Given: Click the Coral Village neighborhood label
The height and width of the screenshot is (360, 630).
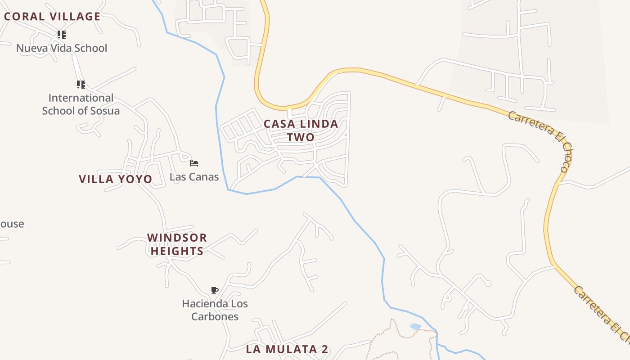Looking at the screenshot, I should (52, 17).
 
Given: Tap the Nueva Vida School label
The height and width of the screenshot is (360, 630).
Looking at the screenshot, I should (62, 48).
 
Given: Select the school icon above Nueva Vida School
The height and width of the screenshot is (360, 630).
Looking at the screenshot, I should (62, 35).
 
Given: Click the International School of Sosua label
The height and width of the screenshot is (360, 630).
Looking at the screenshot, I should (81, 104).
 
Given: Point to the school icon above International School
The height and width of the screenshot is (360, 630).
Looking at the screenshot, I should (81, 84).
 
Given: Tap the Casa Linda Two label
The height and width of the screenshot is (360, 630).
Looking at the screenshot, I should (301, 130).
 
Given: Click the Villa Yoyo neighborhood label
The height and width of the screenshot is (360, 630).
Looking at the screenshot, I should (116, 179).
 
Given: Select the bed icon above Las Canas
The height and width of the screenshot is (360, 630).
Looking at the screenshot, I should (194, 163).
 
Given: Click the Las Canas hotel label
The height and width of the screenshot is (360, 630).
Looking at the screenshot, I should (194, 177).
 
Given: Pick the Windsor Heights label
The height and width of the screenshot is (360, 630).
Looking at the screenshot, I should (177, 244).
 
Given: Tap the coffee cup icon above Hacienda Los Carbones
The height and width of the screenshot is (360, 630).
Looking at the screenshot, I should (215, 290).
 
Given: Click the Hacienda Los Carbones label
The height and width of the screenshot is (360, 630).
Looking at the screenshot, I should (215, 310).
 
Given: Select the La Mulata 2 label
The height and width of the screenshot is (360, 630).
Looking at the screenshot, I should (287, 349).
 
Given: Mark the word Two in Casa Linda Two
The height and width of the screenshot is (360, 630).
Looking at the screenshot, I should (301, 137).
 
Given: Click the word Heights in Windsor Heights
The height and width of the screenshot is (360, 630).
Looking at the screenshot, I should (177, 251).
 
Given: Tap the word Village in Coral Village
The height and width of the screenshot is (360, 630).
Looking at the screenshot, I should (75, 17).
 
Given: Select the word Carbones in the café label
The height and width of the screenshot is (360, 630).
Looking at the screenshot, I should (215, 317).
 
